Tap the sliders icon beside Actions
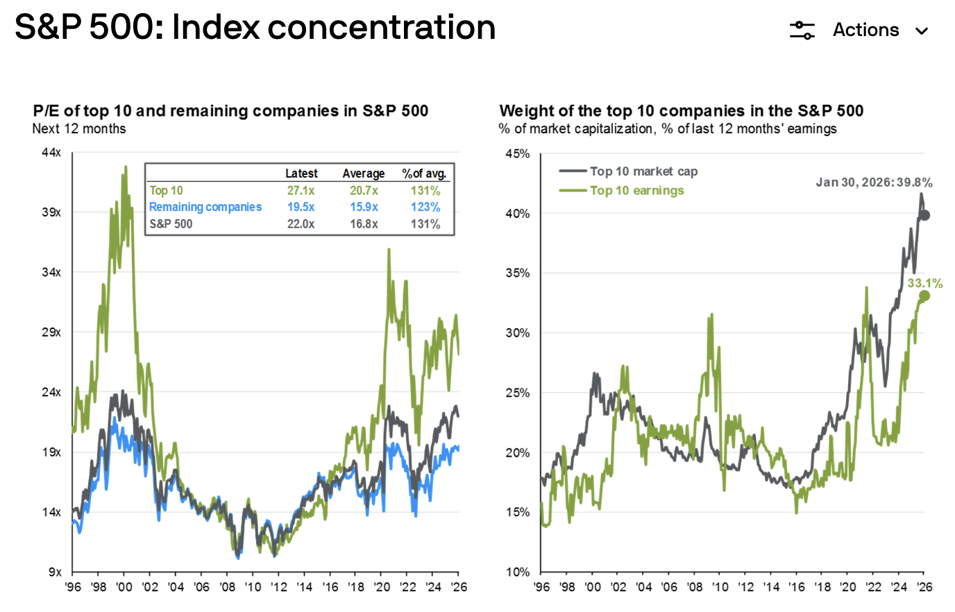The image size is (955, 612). [x=802, y=31]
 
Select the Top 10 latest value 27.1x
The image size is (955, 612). [x=301, y=191]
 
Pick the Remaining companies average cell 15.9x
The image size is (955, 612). [x=364, y=207]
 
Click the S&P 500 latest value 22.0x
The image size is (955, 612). [x=301, y=224]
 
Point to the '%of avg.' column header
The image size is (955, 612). [x=424, y=173]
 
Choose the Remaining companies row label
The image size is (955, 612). [x=205, y=207]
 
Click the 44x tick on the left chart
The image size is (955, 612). [x=51, y=153]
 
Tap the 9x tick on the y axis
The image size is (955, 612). [x=55, y=572]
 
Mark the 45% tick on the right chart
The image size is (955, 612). [x=517, y=154]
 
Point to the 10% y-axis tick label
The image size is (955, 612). [x=517, y=572]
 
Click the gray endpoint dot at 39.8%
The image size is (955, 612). [x=924, y=216]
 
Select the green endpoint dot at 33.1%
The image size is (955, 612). [x=924, y=296]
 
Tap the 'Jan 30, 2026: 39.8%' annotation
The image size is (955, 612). [x=874, y=182]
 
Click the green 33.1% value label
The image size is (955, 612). [x=924, y=283]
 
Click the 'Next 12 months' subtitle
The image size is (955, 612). [x=79, y=129]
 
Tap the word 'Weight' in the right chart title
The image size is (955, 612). [x=522, y=111]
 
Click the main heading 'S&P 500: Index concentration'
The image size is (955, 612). [x=255, y=28]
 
